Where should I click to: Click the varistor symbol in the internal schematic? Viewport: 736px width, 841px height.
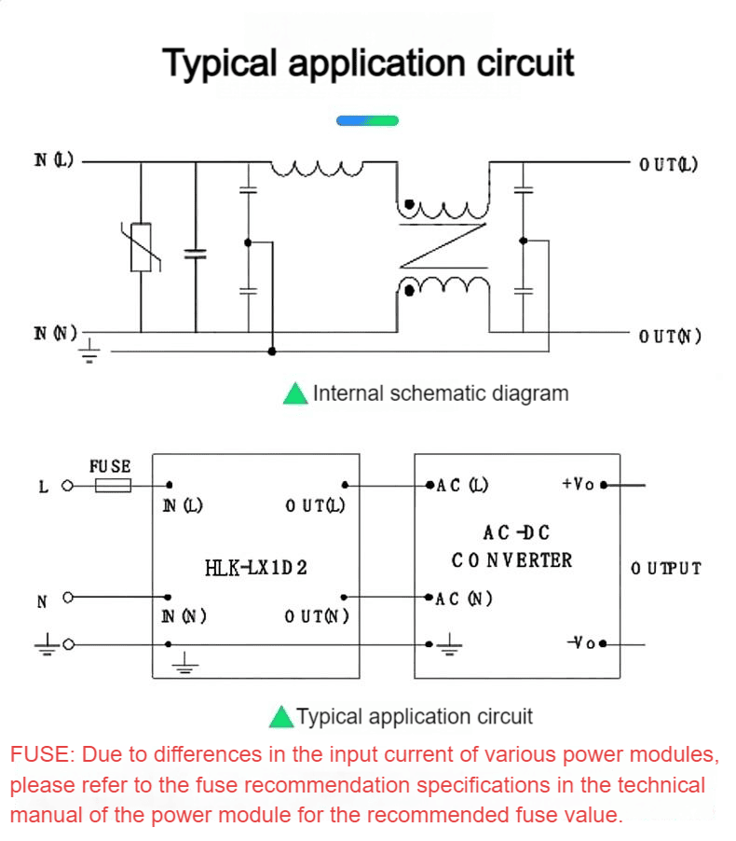(141, 247)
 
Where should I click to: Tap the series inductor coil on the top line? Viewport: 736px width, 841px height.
(317, 169)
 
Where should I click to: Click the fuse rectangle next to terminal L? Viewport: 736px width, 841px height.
(113, 486)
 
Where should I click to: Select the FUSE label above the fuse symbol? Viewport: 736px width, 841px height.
(110, 466)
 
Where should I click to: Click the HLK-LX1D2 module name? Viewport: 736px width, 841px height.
(255, 568)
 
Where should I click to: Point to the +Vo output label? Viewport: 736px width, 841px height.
(578, 484)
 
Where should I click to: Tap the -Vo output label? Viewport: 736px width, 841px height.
(581, 642)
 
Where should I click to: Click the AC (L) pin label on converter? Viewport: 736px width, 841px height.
(462, 486)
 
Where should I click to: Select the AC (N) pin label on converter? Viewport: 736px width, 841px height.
(464, 599)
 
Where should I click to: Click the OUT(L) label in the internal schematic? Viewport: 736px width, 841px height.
(669, 164)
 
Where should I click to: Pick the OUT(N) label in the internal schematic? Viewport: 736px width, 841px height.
(670, 337)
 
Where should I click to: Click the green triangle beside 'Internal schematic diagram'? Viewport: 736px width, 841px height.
(295, 393)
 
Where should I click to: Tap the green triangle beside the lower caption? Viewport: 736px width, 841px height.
(281, 717)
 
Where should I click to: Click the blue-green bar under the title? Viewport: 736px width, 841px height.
(367, 120)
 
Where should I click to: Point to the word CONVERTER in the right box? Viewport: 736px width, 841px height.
(511, 560)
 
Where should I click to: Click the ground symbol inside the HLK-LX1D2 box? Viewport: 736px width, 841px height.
(185, 663)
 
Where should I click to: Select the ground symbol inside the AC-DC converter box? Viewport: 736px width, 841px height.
(450, 644)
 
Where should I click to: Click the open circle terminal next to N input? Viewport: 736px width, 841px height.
(68, 597)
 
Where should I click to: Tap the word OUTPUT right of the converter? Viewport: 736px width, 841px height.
(666, 568)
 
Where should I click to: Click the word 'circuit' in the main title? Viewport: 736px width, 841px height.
(525, 62)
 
